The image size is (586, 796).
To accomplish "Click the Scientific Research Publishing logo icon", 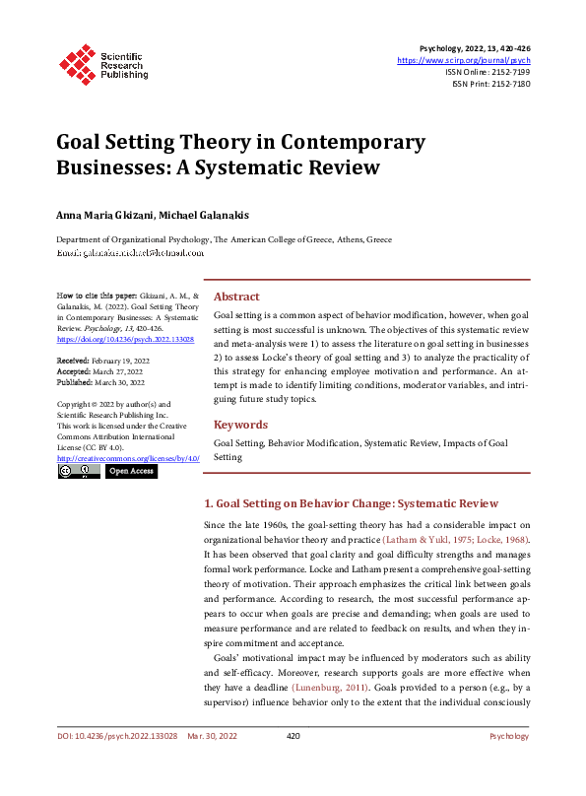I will tap(75, 62).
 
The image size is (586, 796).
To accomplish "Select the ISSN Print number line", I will tap(491, 84).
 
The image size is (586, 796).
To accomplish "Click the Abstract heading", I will tap(236, 297).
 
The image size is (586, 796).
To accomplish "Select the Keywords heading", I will tap(240, 425).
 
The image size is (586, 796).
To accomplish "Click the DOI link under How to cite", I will tap(125, 339).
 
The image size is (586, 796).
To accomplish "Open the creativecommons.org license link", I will tap(128, 458).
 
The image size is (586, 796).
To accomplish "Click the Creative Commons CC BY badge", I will tap(78, 472).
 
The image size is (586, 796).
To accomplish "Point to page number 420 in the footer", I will tap(293, 763).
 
